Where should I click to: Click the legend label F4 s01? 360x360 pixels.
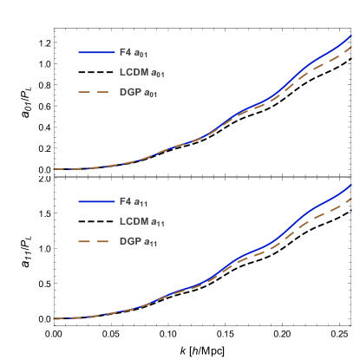tap(134, 53)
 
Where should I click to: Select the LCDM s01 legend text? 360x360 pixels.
tap(141, 73)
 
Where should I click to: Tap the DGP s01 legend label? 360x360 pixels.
tap(137, 92)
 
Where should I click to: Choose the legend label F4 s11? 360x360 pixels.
tap(134, 201)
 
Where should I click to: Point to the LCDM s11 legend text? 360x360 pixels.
tap(141, 221)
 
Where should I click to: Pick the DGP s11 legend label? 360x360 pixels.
tap(137, 241)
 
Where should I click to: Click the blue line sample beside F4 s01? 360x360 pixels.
tap(96, 53)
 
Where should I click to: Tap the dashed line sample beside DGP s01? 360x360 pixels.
tap(96, 92)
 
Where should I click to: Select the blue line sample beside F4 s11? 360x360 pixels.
tap(96, 201)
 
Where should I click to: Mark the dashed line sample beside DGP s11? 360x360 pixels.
tap(96, 241)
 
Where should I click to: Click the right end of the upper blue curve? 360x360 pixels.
tap(350, 36)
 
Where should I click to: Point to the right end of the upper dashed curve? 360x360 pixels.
tap(350, 48)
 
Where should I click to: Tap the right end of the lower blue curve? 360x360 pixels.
tap(350, 185)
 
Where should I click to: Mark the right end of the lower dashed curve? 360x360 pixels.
tap(350, 199)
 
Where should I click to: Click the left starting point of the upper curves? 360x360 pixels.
tap(54, 169)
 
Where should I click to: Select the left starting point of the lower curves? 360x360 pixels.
tap(54, 318)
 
